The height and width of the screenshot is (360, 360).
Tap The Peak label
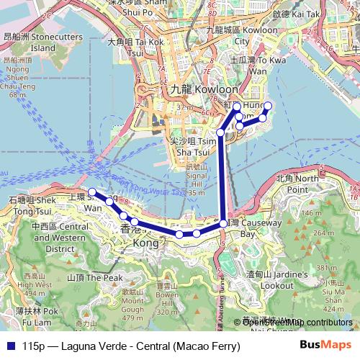[94, 276]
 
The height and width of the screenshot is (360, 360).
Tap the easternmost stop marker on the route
[268, 107]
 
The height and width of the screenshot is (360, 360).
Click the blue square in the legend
[9, 346]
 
